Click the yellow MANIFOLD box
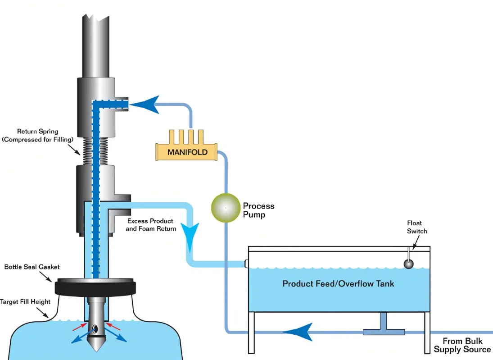186,152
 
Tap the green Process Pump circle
226,208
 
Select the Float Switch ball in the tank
408,264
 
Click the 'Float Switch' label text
417,227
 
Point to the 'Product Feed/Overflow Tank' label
338,283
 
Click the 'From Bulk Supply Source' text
462,345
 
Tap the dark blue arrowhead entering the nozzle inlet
145,104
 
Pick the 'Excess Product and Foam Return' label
151,225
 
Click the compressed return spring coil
95,151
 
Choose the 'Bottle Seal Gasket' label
32,267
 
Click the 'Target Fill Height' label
25,302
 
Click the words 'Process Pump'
258,210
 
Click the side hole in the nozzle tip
95,329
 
